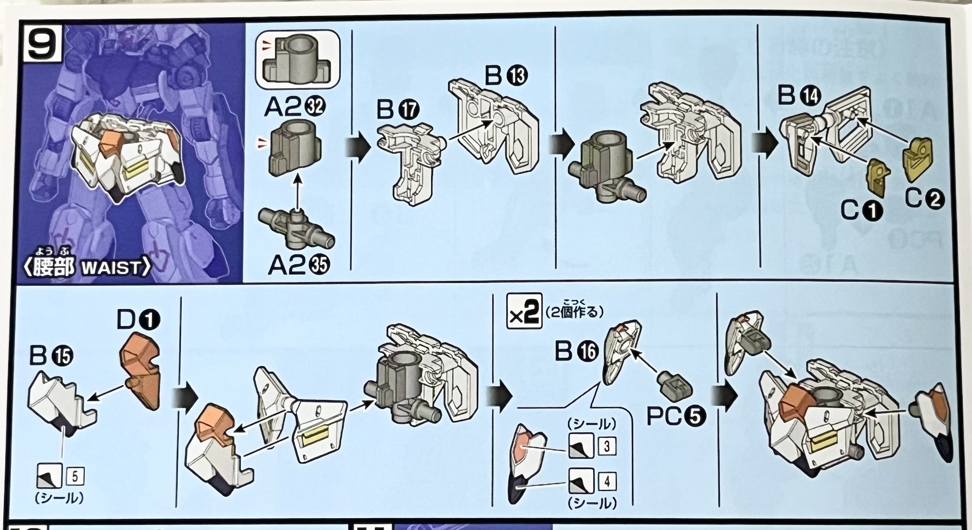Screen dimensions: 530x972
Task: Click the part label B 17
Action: [x=398, y=110]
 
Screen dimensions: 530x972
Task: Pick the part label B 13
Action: [x=506, y=76]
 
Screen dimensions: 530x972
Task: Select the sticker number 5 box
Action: [x=75, y=477]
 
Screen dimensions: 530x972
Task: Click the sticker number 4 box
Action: [x=606, y=481]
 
